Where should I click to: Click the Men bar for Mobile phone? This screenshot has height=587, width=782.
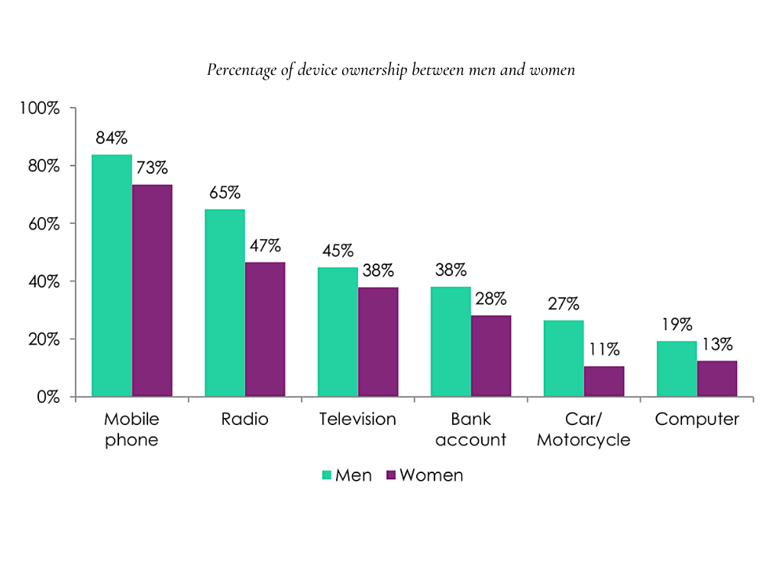tap(111, 275)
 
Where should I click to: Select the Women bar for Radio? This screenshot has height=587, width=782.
tap(265, 329)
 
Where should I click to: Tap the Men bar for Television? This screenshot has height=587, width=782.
tap(338, 332)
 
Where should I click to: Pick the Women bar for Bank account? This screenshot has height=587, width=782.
tap(491, 356)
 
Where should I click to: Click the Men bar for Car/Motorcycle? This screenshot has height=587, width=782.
tap(564, 358)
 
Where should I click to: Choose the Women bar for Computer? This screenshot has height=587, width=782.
tap(717, 378)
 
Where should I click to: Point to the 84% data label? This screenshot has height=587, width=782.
tap(111, 138)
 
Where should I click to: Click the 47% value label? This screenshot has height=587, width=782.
tap(265, 246)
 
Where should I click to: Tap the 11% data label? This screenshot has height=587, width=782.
tap(603, 350)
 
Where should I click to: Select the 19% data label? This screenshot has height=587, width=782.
tap(677, 324)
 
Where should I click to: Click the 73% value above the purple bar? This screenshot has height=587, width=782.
tap(152, 167)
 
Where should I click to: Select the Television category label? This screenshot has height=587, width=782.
tap(357, 420)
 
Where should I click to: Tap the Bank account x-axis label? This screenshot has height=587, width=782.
tap(470, 430)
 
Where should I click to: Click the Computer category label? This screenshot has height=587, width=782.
tap(697, 420)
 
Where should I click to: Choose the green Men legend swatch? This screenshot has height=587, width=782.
tap(326, 475)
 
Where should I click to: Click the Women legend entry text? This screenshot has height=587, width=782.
tap(431, 475)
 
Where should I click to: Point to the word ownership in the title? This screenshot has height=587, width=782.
tap(373, 70)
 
